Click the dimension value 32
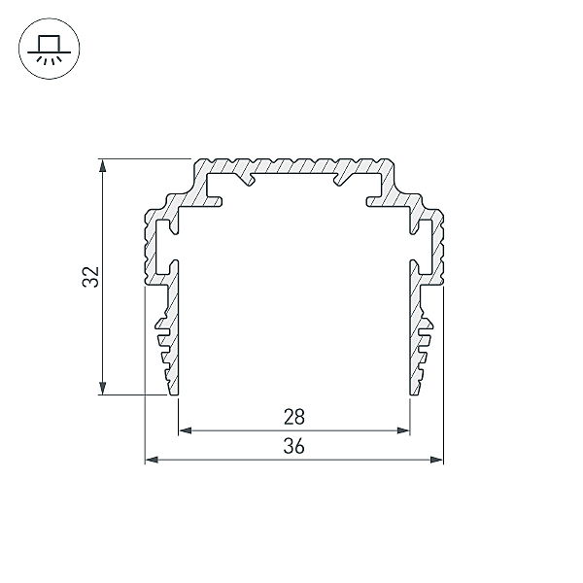(90, 277)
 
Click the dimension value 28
(294, 417)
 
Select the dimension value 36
(294, 446)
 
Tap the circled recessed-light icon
(50, 49)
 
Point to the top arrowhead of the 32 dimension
(103, 165)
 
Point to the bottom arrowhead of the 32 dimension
(103, 388)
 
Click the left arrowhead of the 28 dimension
(186, 430)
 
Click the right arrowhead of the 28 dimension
(403, 430)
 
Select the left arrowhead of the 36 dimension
(152, 460)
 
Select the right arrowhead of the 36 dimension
(436, 460)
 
